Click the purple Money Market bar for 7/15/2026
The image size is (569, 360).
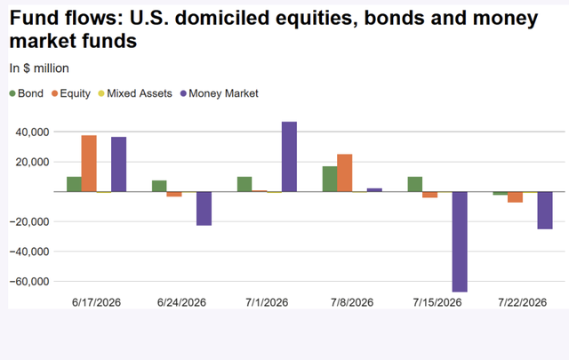(x=460, y=242)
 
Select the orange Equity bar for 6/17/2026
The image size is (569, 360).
(x=89, y=164)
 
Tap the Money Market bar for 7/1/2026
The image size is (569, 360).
(x=289, y=156)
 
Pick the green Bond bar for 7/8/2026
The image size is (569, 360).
(x=330, y=179)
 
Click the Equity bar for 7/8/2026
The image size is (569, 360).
(x=345, y=173)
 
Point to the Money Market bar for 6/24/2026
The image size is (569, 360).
(x=204, y=209)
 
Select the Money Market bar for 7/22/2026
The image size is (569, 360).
(x=545, y=211)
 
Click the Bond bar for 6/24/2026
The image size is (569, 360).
(x=159, y=186)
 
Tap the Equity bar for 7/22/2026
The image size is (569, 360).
(x=516, y=197)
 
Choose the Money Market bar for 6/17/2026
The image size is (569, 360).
(x=118, y=164)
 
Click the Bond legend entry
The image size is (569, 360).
(x=26, y=93)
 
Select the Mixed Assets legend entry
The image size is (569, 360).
(x=135, y=93)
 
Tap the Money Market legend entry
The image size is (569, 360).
(x=220, y=93)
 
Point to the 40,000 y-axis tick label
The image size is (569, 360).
(x=32, y=132)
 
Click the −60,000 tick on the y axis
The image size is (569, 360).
(x=29, y=281)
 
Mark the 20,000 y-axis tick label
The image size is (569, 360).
(x=32, y=162)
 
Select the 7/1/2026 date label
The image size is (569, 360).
(x=267, y=302)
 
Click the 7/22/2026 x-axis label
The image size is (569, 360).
(x=522, y=302)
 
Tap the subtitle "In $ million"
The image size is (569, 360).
(x=39, y=68)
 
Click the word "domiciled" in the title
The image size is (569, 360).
(x=222, y=18)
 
